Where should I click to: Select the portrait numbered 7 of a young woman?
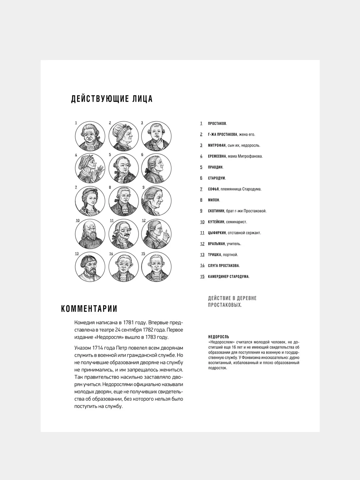[90, 201]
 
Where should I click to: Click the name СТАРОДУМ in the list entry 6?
[217, 178]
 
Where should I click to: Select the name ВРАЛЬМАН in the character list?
[217, 244]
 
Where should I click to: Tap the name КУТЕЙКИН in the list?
[216, 222]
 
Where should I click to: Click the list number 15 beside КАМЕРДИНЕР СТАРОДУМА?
[202, 277]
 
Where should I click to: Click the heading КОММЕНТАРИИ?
[89, 309]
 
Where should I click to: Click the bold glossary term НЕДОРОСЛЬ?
[218, 337]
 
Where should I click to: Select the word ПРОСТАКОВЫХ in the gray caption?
[225, 305]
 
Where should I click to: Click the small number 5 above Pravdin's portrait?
[110, 155]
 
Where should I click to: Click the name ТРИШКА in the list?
[215, 255]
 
